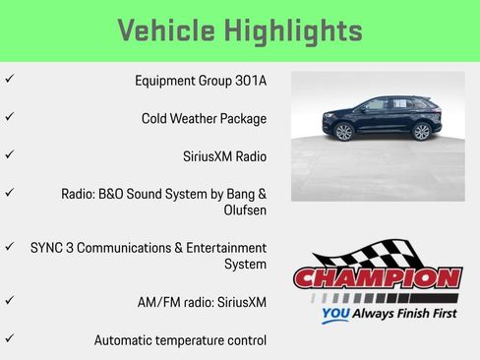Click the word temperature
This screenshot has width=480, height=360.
194,340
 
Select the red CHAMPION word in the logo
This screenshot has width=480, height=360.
378,279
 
